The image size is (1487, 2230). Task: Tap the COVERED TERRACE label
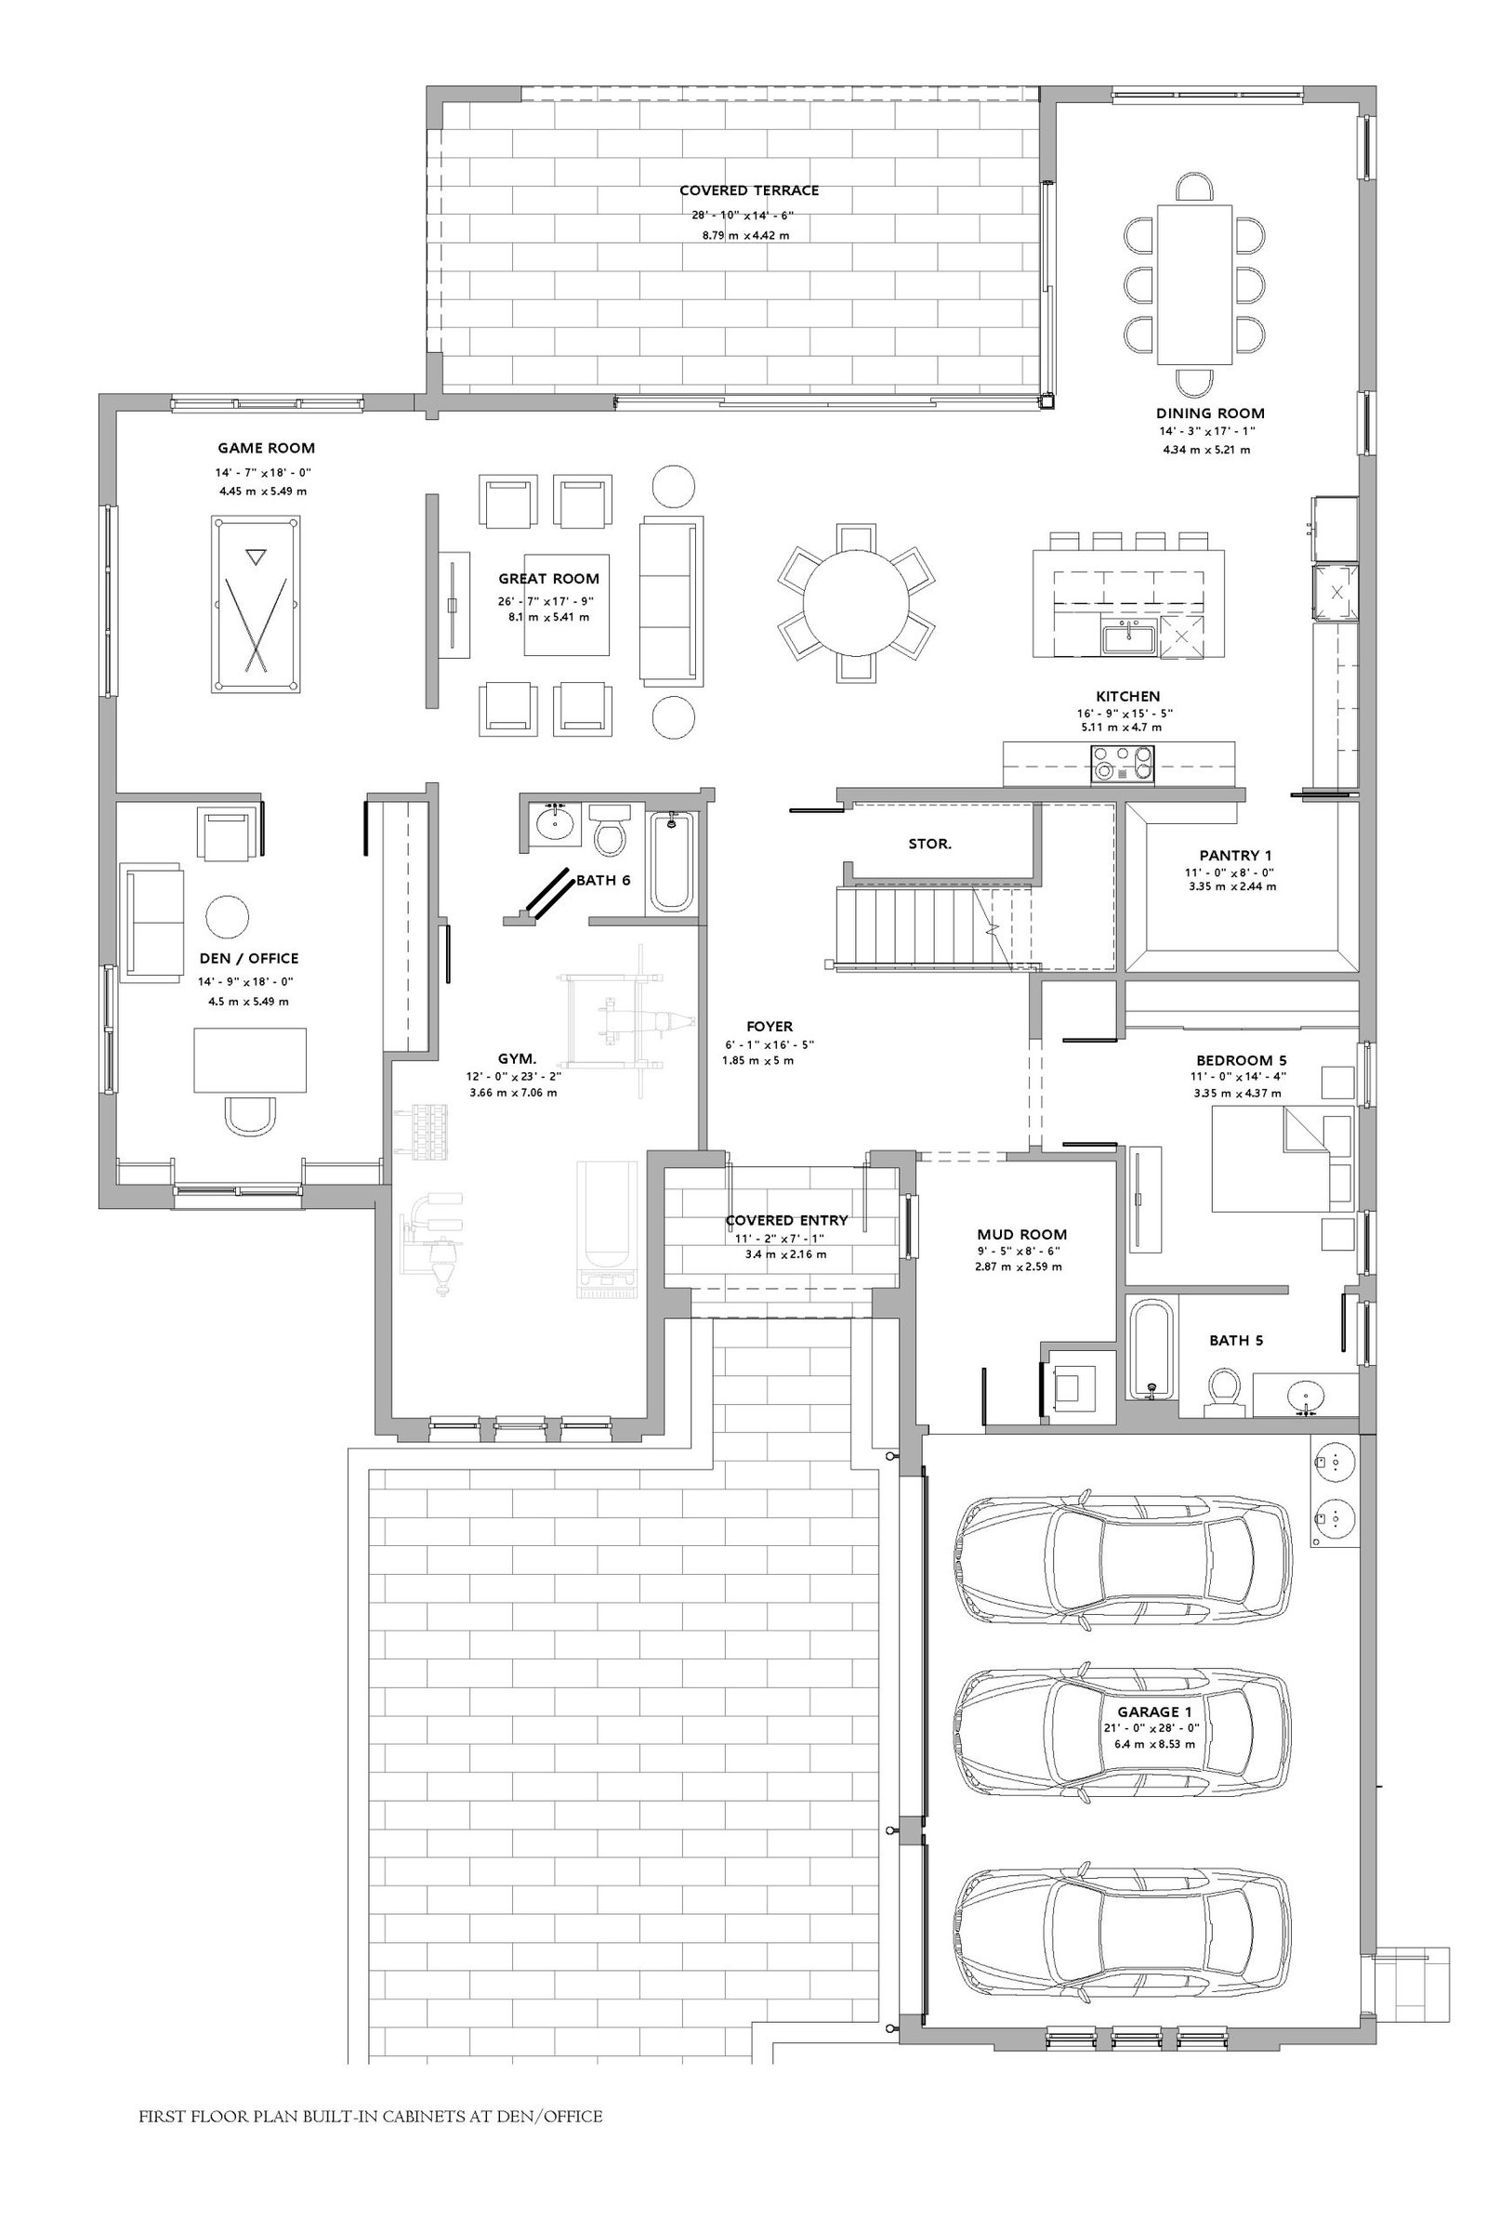[749, 190]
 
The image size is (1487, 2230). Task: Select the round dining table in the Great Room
[855, 603]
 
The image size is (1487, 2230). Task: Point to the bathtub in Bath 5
[1151, 1348]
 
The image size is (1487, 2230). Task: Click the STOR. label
[929, 844]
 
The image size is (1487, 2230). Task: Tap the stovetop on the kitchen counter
[1124, 762]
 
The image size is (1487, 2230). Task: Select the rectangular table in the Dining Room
[1195, 284]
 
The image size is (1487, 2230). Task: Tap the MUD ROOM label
[1021, 1235]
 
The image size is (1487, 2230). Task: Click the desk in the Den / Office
[250, 1060]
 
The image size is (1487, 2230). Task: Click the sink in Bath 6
[554, 822]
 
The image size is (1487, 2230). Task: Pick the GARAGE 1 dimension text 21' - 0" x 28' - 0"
[1154, 1728]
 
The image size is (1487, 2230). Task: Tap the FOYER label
[770, 1026]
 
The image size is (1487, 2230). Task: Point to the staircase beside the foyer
[934, 926]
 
